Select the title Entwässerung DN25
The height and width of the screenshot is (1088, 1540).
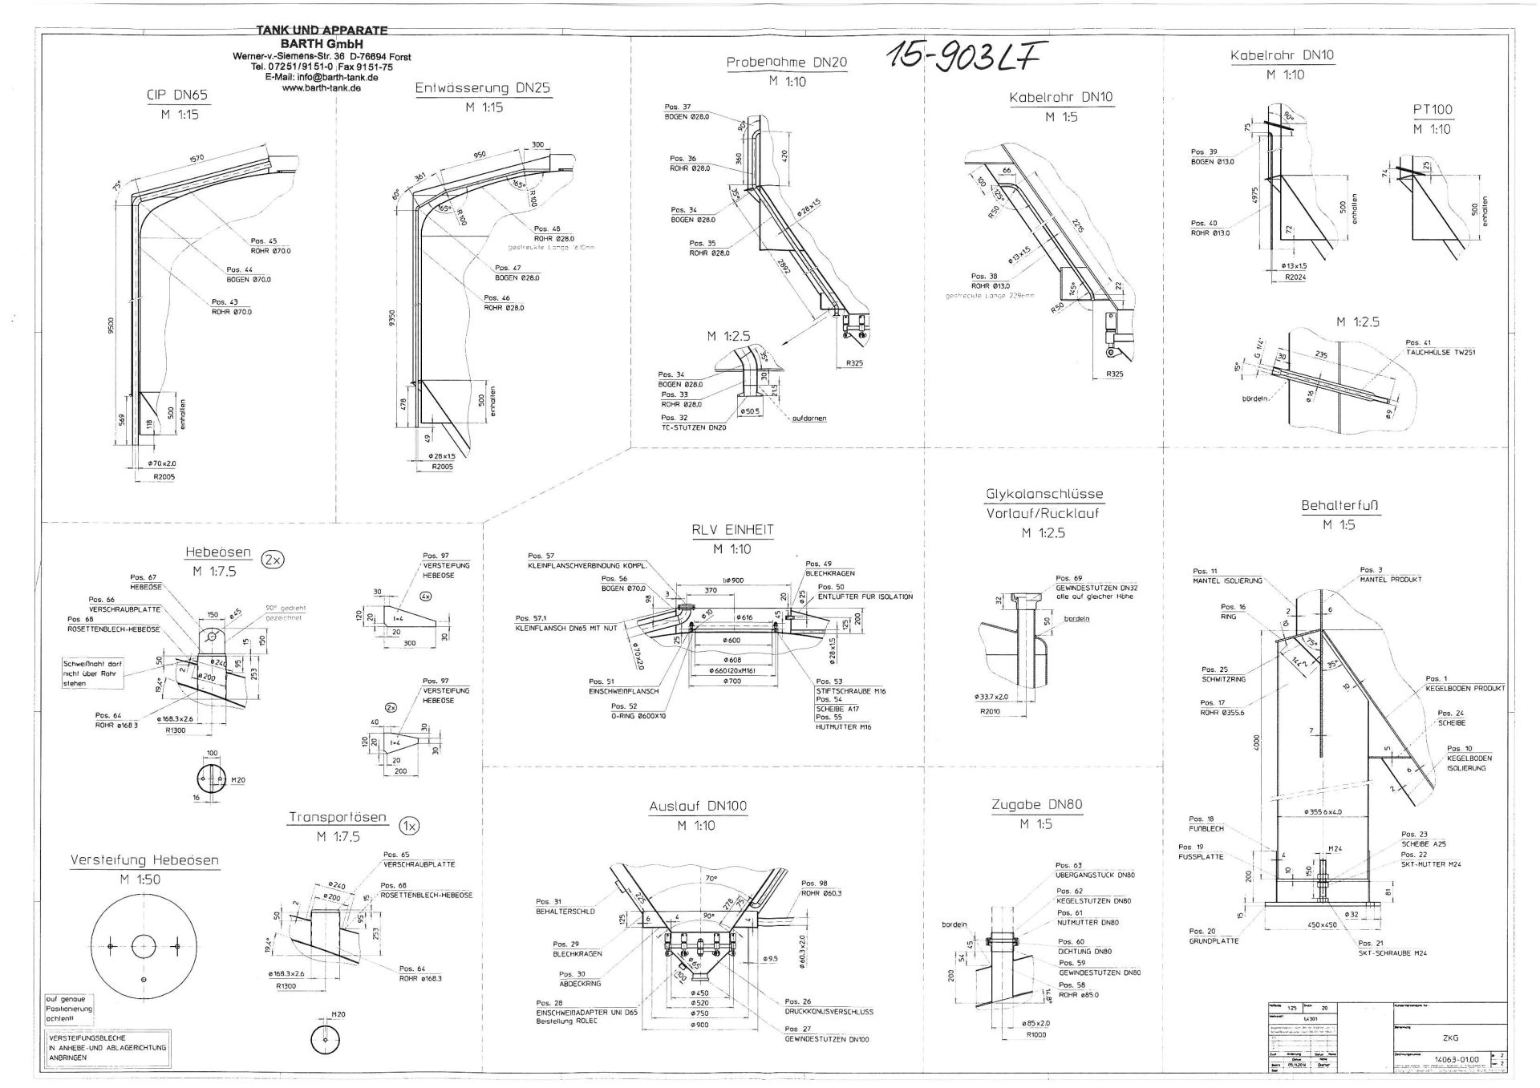coord(482,88)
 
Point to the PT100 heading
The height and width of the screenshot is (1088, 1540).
coord(1432,110)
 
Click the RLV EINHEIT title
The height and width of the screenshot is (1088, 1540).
coord(732,530)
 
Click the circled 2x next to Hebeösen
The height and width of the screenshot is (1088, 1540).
coord(274,560)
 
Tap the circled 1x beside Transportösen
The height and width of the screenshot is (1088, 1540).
coord(409,825)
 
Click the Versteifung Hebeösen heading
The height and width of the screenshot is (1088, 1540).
coord(144,860)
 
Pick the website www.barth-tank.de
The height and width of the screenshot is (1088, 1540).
coord(321,89)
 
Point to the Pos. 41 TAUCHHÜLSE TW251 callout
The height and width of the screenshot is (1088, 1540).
coord(1440,347)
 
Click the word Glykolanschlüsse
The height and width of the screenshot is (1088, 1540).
coord(1044,494)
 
